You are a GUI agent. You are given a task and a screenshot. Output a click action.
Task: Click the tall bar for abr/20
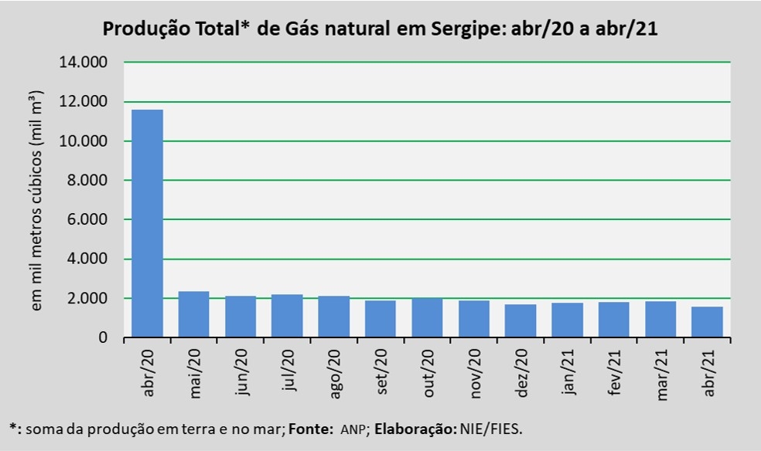pos(147,224)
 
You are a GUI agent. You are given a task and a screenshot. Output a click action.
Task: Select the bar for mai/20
pos(194,314)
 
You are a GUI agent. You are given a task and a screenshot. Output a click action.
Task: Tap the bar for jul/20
pos(287,316)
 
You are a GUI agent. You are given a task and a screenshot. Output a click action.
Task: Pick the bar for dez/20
pos(520,320)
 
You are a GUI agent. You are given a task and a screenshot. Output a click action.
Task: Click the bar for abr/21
pos(707,322)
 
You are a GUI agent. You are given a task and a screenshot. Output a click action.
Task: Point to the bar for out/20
pos(427,317)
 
